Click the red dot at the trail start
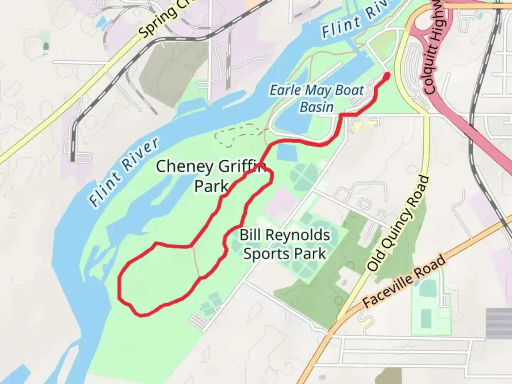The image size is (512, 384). coord(386,75)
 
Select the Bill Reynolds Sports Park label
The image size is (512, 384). coord(284,244)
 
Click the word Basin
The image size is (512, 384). coord(316,107)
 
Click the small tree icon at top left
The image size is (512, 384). coord(46,46)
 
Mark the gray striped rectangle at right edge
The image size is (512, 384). coord(498,323)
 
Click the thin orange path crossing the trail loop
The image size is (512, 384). coord(196,262)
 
